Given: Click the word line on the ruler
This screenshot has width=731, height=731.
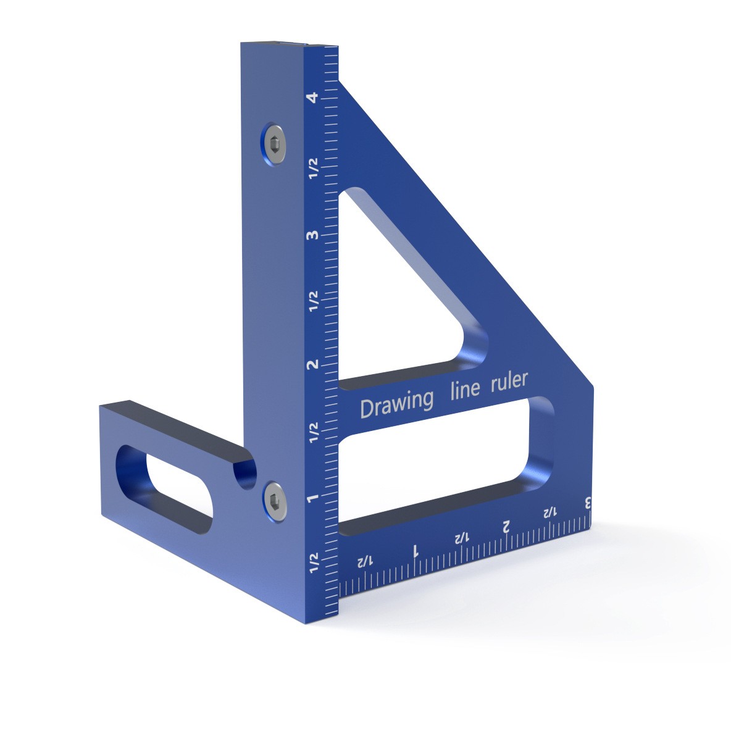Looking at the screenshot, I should pos(464,390).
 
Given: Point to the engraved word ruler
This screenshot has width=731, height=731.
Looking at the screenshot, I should pos(509,381).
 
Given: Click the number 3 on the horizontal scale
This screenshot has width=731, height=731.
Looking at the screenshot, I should pos(588,503).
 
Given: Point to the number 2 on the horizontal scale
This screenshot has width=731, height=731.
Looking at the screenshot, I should pos(506,525).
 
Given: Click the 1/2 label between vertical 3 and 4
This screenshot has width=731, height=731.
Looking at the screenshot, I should pos(314,168).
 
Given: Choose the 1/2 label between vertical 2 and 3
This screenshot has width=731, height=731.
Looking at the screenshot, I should pos(314,301).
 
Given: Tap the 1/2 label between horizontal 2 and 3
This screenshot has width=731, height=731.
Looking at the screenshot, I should pos(549,512).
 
